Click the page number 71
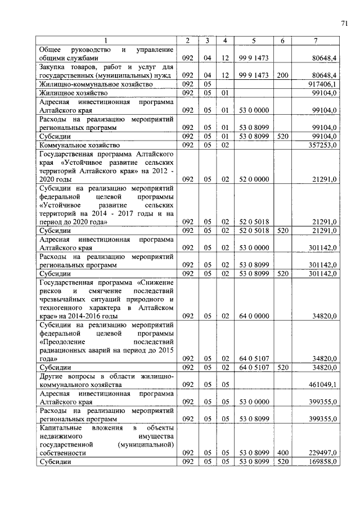tap(344, 23)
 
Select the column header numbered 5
tap(254, 40)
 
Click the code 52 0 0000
tap(254, 179)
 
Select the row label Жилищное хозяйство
tap(73, 93)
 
